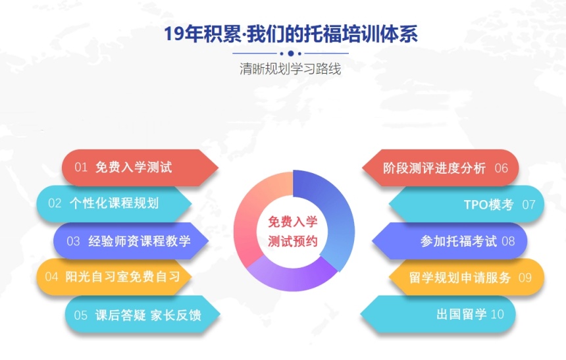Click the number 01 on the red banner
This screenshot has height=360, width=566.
[x=81, y=167]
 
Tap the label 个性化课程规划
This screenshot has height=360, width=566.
[x=114, y=203]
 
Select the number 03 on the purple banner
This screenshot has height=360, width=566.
[x=73, y=241]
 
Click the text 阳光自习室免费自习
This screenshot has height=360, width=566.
[x=122, y=276]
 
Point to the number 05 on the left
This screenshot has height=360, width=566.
[x=81, y=315]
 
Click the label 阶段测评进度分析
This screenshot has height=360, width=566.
[x=434, y=168]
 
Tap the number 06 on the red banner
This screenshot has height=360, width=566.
[x=502, y=168]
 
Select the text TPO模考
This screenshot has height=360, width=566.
[x=489, y=205]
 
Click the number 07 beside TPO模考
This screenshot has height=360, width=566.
[x=529, y=205]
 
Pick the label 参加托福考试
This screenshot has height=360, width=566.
[x=459, y=241]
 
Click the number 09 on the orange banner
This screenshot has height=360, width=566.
[x=525, y=278]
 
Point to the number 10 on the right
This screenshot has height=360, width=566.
[x=498, y=314]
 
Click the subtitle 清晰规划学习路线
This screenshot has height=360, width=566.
[x=290, y=68]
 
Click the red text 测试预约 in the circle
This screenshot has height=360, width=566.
[x=293, y=241]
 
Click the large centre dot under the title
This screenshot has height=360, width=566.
[x=291, y=53]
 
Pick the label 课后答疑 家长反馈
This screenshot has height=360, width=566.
[x=148, y=315]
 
